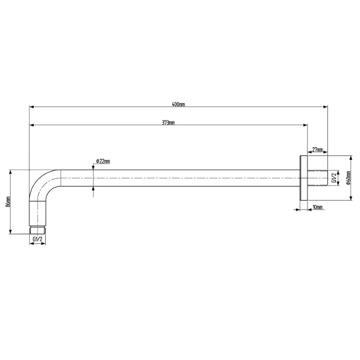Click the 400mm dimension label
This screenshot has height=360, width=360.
tap(178, 105)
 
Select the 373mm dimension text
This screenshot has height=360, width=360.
tap(169, 123)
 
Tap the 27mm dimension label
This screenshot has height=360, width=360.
tap(318, 150)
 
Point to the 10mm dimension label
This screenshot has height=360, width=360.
tap(318, 207)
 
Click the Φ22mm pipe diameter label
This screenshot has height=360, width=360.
tap(103, 161)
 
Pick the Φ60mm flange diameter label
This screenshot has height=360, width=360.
tap(349, 178)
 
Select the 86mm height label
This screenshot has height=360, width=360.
tap(8, 202)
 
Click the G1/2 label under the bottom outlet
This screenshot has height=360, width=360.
tap(37, 239)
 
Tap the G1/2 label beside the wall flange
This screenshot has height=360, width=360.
tap(334, 178)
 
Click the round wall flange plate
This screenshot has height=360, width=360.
tap(303, 178)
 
